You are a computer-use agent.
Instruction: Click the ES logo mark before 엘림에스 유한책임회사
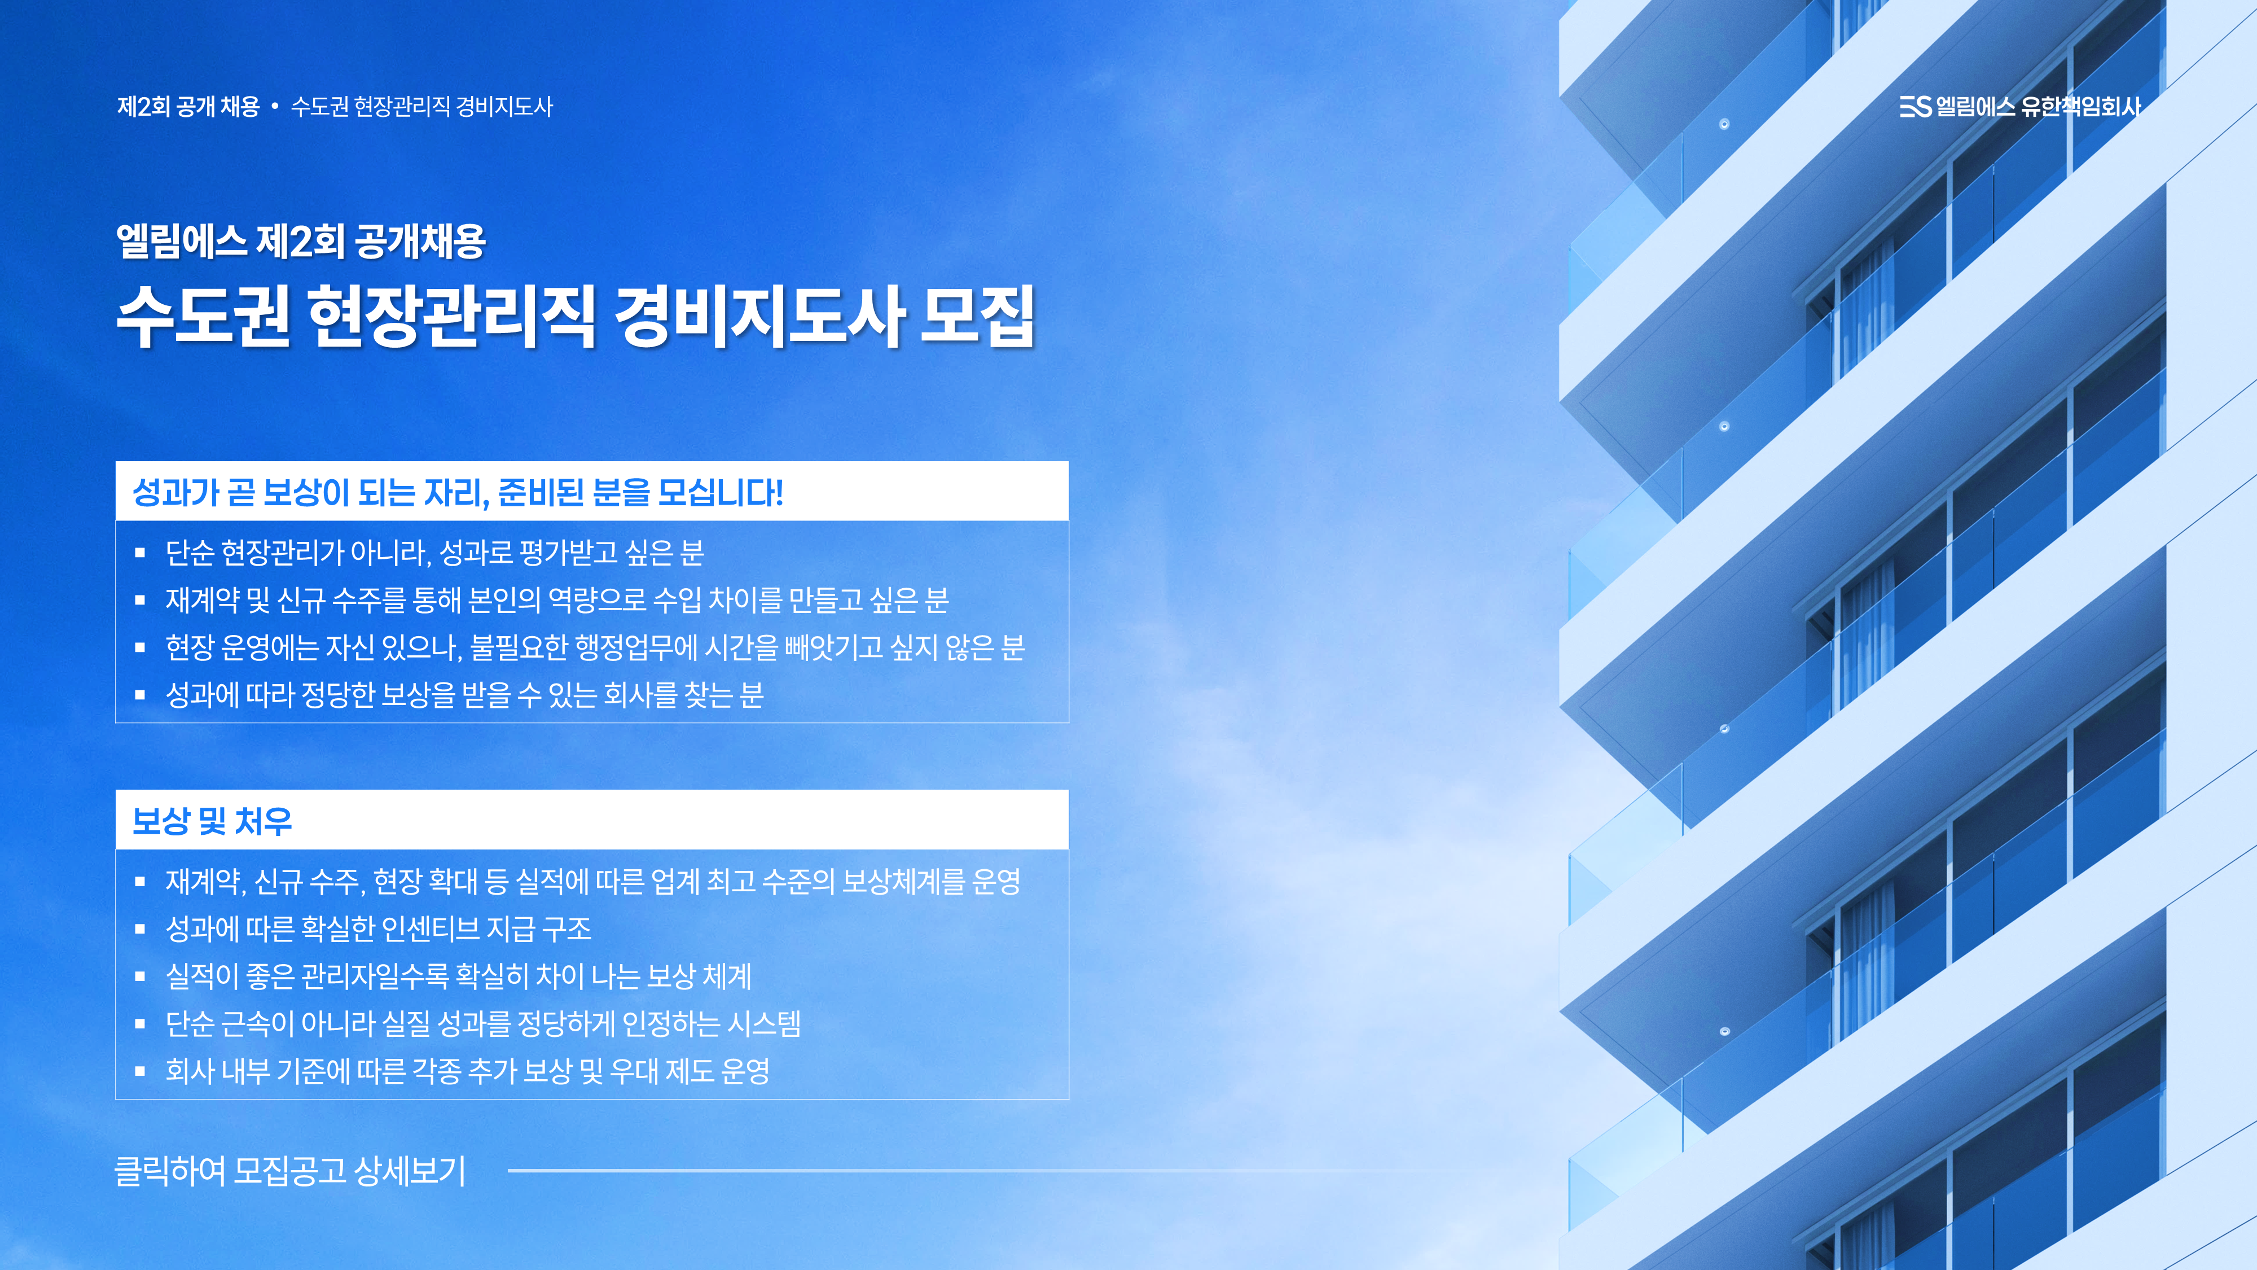1915,106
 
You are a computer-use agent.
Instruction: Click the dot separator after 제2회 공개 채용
275,107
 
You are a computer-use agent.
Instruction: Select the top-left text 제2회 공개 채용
188,107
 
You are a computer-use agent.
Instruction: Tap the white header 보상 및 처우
212,821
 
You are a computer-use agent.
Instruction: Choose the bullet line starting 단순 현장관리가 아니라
434,552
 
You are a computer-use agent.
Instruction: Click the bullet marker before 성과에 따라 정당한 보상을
139,695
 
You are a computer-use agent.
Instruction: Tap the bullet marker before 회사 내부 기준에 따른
139,1071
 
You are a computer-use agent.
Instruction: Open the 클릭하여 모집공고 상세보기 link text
290,1170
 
